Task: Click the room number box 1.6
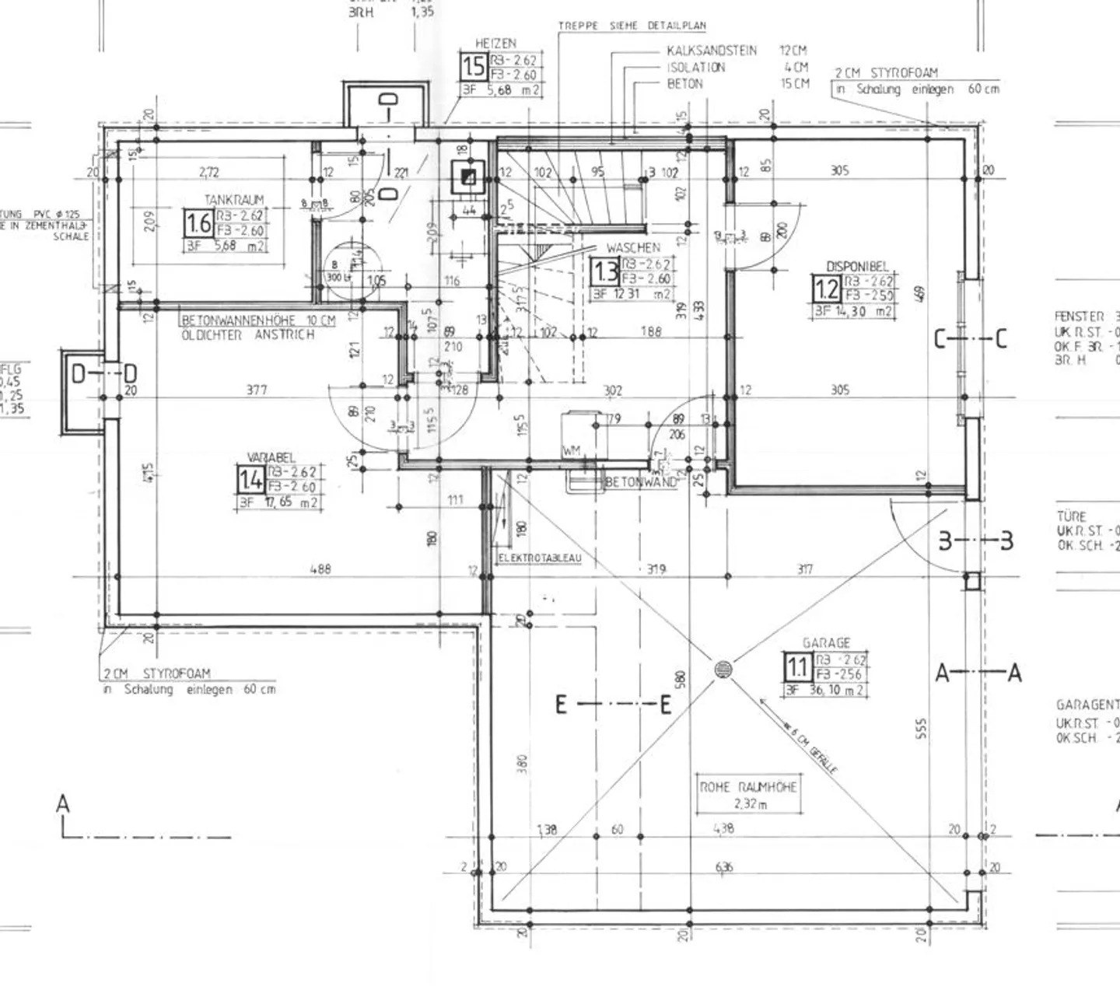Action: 198,224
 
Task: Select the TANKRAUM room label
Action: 234,200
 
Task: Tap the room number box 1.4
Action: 250,480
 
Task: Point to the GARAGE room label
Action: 826,643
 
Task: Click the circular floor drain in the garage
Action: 723,669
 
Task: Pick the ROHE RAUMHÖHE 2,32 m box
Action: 747,795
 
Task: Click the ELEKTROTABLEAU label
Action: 540,558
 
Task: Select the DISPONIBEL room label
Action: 857,266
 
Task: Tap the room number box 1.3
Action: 605,272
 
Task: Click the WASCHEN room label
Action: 633,247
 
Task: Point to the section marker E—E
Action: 613,705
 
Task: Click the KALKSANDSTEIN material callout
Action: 712,51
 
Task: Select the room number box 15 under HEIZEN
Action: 473,68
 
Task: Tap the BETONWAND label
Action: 640,482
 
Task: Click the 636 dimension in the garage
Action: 723,867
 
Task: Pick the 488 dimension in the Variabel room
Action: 320,569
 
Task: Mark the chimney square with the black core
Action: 468,177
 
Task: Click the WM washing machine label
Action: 572,452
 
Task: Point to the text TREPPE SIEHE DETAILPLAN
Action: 632,26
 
